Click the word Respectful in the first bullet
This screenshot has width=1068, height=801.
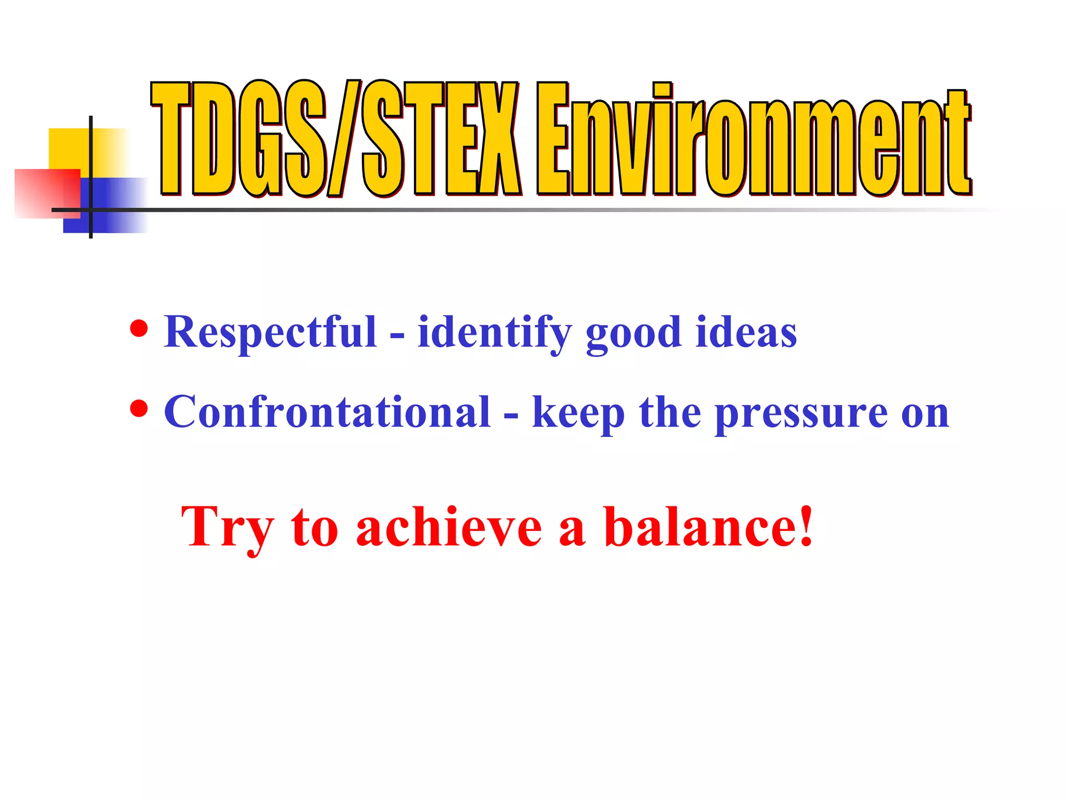click(x=270, y=332)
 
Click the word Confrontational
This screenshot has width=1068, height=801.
click(x=327, y=412)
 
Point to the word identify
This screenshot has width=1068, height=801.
click(x=494, y=334)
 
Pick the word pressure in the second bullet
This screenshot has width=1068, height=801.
click(x=801, y=414)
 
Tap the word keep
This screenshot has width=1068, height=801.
click(x=578, y=414)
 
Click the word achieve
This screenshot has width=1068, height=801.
click(x=449, y=528)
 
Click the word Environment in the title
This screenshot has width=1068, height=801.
click(x=754, y=141)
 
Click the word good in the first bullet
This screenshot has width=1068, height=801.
click(x=633, y=334)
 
